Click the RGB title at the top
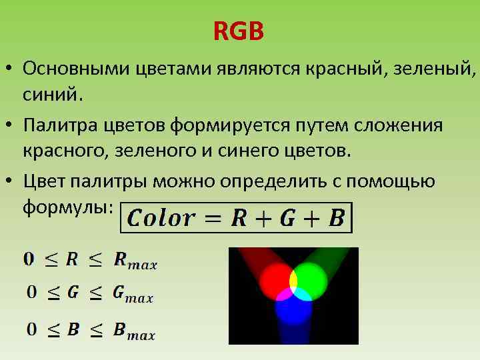pyautogui.click(x=239, y=31)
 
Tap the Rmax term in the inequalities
pyautogui.click(x=135, y=261)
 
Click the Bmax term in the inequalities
pyautogui.click(x=134, y=331)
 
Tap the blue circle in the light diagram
pyautogui.click(x=294, y=309)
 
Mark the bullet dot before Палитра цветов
pyautogui.click(x=12, y=125)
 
